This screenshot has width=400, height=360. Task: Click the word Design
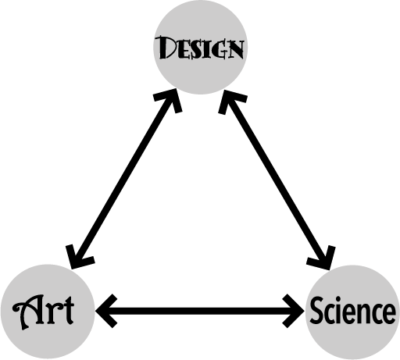coord(199,48)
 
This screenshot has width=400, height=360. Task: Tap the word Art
coord(43,312)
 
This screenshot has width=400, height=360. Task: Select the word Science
coord(352,311)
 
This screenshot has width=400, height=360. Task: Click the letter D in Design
coord(166,47)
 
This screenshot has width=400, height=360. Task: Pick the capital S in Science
coord(316,311)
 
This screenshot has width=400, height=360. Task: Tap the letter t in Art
coord(68,312)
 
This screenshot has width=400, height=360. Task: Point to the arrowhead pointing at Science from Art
coord(294,311)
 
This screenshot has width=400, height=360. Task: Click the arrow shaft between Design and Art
coord(124,179)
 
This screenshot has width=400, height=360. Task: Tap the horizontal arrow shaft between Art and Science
coord(200,311)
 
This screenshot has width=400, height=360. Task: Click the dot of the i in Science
coord(341,298)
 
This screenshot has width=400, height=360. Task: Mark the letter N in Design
coord(235,49)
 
